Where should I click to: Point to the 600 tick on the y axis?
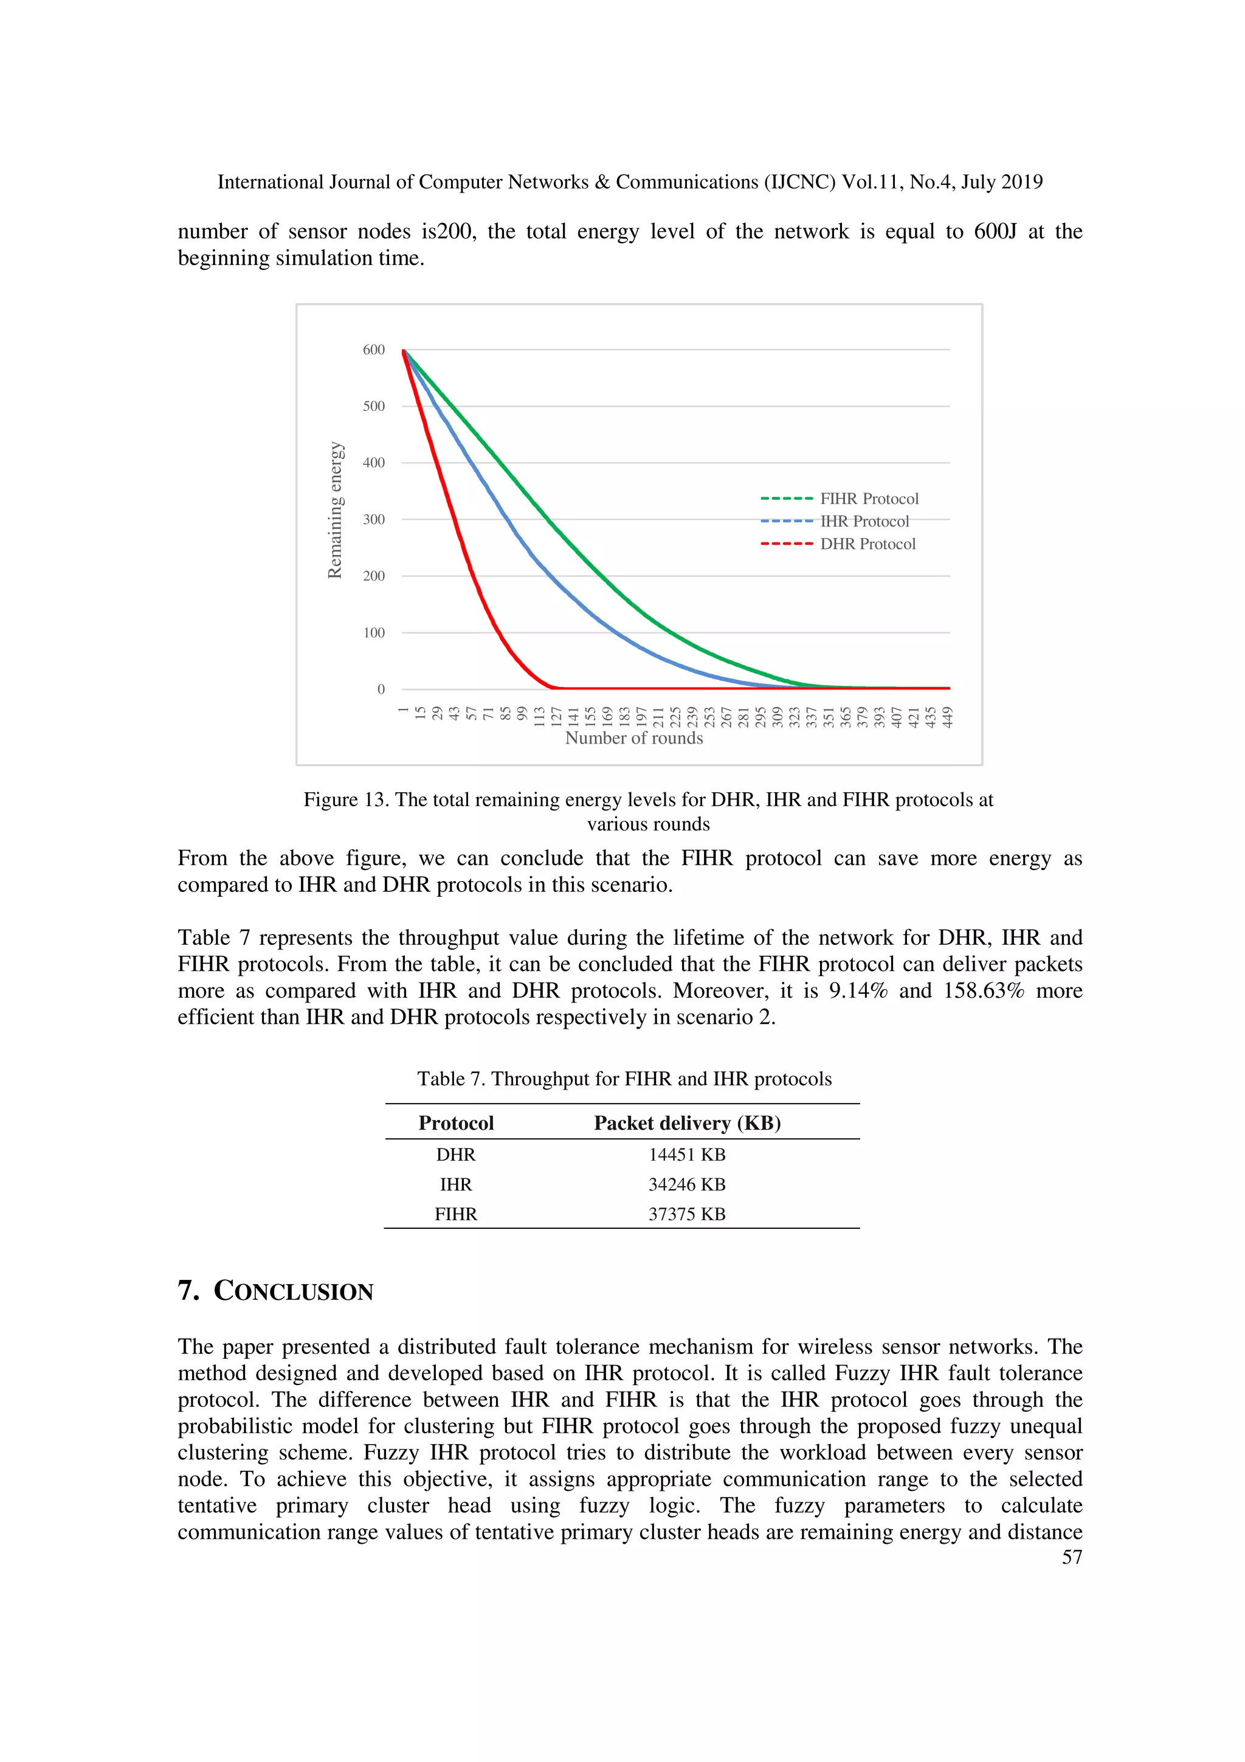click(374, 350)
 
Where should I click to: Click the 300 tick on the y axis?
click(374, 520)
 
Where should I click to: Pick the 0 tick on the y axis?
click(381, 689)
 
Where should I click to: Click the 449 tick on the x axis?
click(947, 717)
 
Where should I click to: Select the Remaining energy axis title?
click(334, 510)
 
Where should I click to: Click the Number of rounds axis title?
click(633, 738)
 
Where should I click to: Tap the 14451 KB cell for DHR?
click(686, 1155)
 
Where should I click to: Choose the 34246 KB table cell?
click(686, 1185)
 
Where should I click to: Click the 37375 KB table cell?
click(686, 1214)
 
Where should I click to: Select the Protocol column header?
click(456, 1124)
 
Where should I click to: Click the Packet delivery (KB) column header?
click(686, 1124)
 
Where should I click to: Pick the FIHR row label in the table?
click(456, 1214)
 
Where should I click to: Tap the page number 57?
click(1072, 1557)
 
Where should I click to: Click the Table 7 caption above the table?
click(624, 1079)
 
